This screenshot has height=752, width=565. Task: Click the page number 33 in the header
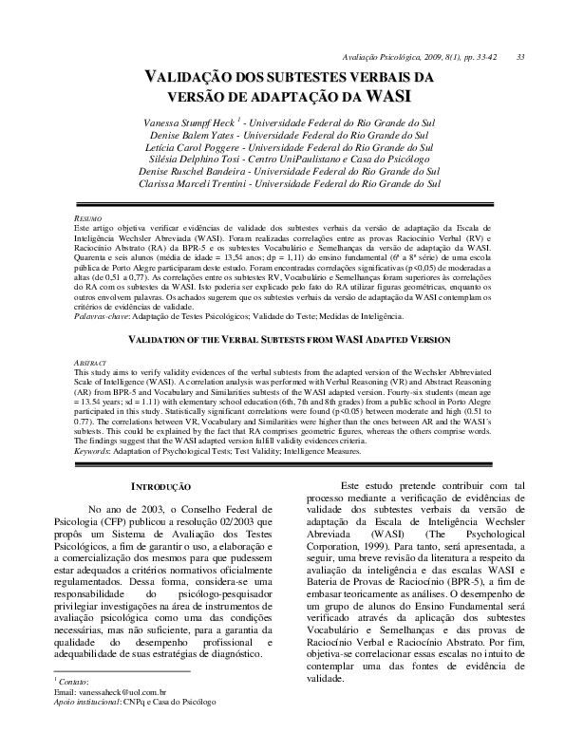[520, 56]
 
